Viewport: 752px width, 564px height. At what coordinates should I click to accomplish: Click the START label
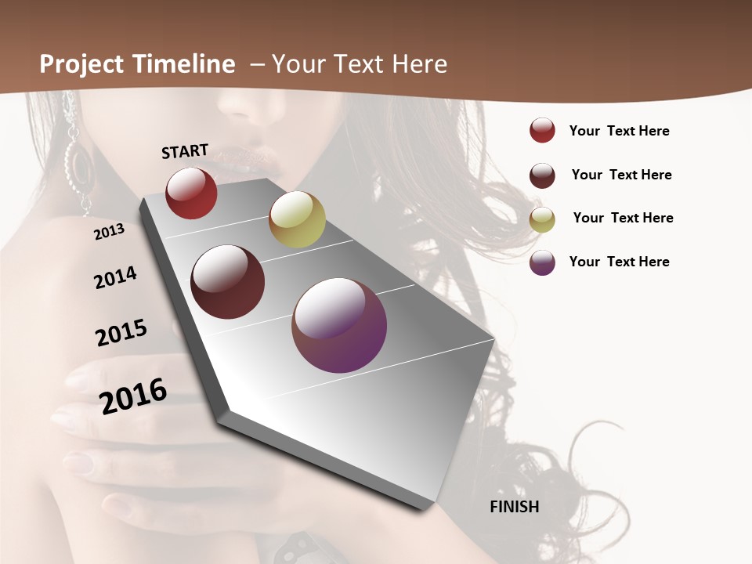tap(185, 151)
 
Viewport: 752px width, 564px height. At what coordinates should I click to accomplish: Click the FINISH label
tap(514, 507)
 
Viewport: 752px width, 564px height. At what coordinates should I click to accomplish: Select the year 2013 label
tap(109, 232)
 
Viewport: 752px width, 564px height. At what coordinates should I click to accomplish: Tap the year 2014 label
tap(115, 277)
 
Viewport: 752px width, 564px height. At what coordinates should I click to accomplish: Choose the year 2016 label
tap(133, 396)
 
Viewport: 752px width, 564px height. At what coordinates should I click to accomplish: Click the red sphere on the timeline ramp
tap(191, 193)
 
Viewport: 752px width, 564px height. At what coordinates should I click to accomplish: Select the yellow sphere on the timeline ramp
tap(297, 219)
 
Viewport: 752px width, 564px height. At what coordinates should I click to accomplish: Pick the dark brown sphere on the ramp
tap(227, 282)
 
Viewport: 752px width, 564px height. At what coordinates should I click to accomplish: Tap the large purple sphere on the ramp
tap(339, 325)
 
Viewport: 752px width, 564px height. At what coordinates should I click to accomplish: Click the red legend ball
tap(542, 131)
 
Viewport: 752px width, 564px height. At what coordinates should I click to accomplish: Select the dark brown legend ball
tap(542, 175)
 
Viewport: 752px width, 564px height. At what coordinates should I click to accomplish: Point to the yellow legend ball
tap(542, 219)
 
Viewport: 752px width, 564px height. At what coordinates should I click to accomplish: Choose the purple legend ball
tap(542, 262)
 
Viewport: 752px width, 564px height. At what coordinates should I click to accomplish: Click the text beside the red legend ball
tap(619, 131)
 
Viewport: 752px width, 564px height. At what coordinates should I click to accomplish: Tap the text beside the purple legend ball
tap(619, 262)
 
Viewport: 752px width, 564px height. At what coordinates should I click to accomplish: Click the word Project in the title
tap(82, 64)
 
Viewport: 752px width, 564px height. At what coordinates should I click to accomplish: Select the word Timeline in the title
tap(183, 64)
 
